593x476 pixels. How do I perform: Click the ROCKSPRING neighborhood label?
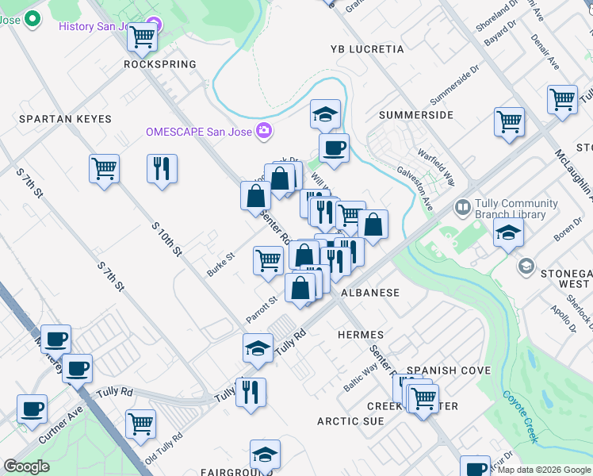click(x=160, y=64)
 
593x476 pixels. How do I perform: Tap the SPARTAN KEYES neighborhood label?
click(x=65, y=118)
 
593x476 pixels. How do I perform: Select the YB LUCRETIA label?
click(x=367, y=49)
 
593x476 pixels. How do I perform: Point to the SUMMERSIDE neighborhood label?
click(x=416, y=115)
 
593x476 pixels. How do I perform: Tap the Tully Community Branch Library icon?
click(x=463, y=208)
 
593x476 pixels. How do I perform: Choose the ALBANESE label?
click(x=370, y=293)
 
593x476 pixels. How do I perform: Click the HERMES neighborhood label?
click(x=361, y=335)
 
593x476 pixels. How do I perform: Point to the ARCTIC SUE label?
click(x=351, y=421)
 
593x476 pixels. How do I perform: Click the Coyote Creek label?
click(x=520, y=417)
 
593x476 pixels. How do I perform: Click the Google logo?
click(x=27, y=466)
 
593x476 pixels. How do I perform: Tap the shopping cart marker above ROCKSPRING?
click(x=142, y=36)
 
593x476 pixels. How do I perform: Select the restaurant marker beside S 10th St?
click(x=162, y=168)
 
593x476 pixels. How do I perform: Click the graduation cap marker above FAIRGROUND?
click(x=265, y=455)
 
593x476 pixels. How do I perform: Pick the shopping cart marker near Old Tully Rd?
click(x=140, y=423)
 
